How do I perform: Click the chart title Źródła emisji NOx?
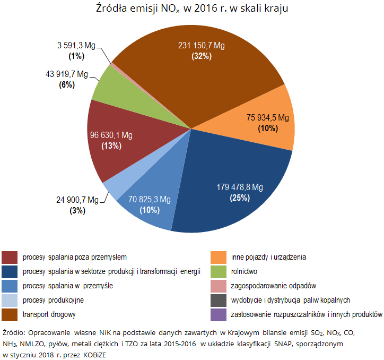click(x=193, y=10)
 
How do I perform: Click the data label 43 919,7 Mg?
click(x=66, y=74)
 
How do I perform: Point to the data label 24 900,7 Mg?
click(x=77, y=200)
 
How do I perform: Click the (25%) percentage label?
click(x=240, y=198)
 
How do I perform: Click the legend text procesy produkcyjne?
click(x=53, y=300)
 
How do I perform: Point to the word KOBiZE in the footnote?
click(x=94, y=354)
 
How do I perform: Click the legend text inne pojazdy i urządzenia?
click(x=268, y=257)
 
